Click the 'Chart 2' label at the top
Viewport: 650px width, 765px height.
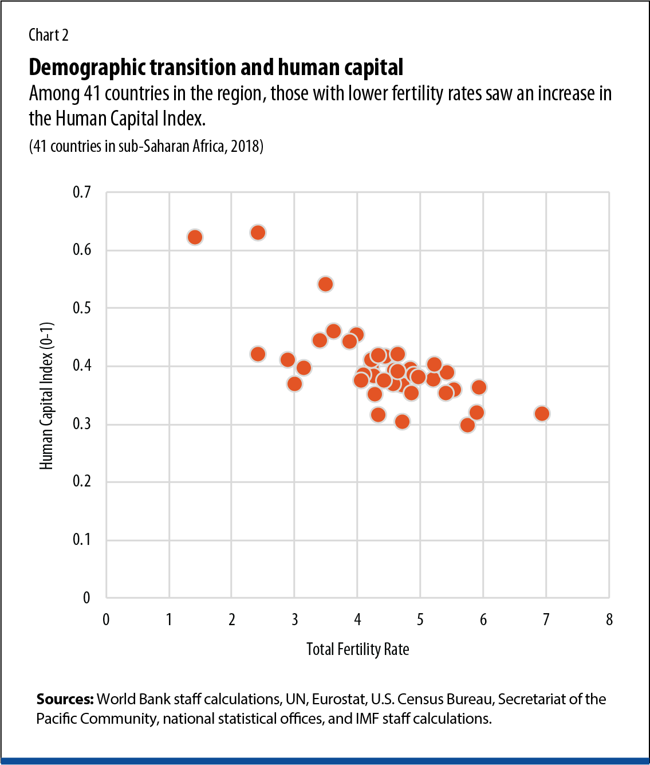(x=48, y=36)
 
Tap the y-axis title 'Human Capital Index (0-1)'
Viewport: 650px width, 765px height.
(x=46, y=395)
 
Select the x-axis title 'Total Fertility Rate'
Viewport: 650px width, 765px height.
(x=357, y=649)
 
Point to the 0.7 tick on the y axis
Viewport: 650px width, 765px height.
(x=82, y=192)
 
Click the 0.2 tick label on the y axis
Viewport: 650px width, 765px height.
(x=82, y=481)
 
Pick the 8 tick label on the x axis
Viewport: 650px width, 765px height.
(x=609, y=619)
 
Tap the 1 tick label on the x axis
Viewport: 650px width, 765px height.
(x=169, y=619)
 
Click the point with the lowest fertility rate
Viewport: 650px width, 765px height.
(x=195, y=237)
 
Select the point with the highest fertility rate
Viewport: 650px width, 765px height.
(x=542, y=414)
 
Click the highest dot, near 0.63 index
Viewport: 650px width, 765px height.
(x=258, y=233)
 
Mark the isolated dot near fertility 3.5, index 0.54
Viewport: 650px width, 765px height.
(x=325, y=284)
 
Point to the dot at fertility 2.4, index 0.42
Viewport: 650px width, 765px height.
(x=258, y=354)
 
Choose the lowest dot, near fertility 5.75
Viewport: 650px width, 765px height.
(x=467, y=425)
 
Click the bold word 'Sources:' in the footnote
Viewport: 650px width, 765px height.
(x=65, y=699)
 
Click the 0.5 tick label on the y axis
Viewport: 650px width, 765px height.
(x=82, y=308)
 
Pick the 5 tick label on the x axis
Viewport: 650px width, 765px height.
(x=420, y=619)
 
